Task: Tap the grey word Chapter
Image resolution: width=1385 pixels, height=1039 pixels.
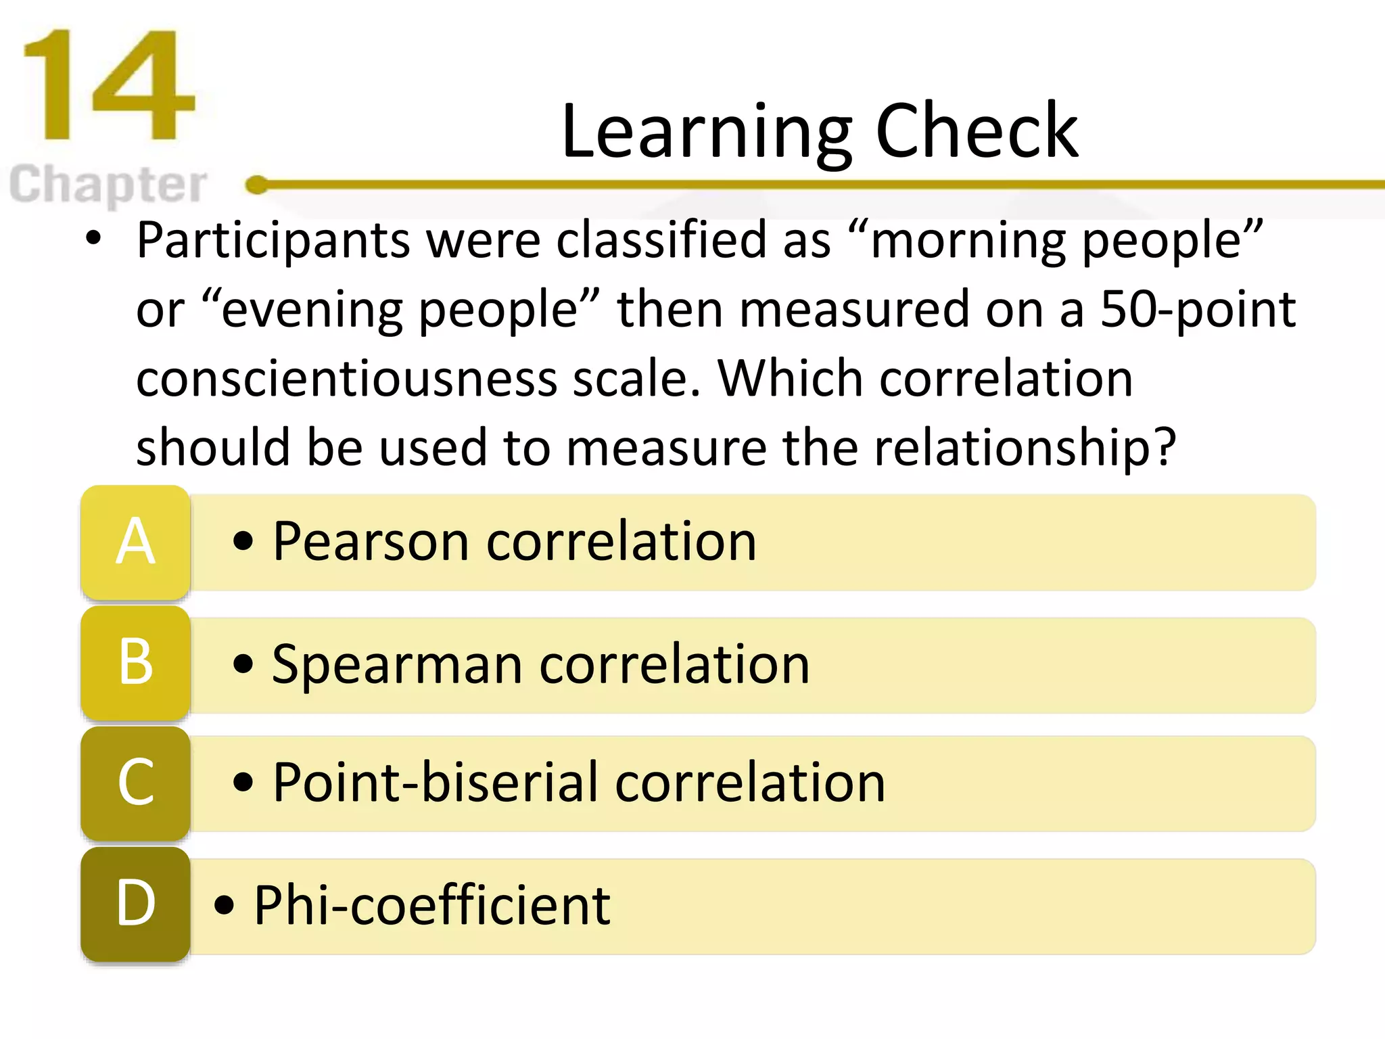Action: [x=108, y=184]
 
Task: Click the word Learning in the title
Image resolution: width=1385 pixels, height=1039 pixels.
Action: [x=706, y=131]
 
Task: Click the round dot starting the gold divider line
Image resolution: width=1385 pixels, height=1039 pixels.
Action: [x=256, y=184]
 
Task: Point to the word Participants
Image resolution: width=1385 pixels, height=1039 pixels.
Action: [x=273, y=241]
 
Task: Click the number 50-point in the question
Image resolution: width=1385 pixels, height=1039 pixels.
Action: [x=1197, y=310]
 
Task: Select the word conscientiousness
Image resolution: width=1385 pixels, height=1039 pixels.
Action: [x=346, y=379]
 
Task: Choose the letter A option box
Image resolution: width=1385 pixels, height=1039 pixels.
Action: [x=135, y=542]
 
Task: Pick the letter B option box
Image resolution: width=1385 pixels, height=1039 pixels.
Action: [x=135, y=663]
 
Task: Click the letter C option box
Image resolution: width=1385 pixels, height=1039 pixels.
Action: [x=135, y=783]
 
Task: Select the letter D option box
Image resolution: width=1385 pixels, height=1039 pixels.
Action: [x=135, y=904]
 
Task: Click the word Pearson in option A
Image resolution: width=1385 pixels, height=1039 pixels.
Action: [x=371, y=542]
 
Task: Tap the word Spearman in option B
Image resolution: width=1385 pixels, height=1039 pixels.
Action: [x=398, y=664]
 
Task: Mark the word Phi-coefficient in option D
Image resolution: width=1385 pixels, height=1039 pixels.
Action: [x=432, y=905]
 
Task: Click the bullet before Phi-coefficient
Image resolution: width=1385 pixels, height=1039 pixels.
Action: [x=224, y=905]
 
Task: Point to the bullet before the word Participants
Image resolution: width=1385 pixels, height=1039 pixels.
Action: [x=93, y=239]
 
